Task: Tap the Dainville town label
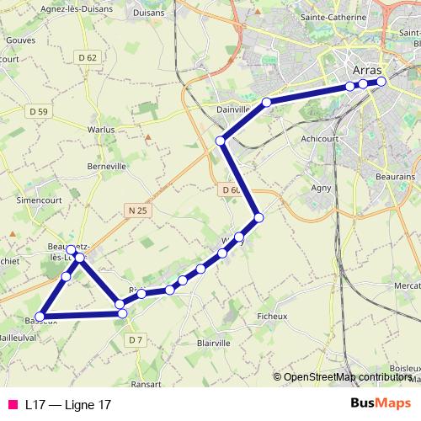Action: tap(234, 109)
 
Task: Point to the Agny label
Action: tap(321, 188)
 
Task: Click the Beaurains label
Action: tap(397, 177)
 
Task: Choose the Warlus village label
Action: tap(100, 130)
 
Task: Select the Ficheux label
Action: tap(271, 316)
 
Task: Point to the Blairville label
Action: tap(212, 343)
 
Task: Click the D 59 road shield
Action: tap(37, 110)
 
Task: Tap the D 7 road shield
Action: tap(136, 339)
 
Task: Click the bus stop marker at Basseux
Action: tap(39, 317)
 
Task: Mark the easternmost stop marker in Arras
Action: tap(381, 82)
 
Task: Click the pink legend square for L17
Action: tap(13, 405)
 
